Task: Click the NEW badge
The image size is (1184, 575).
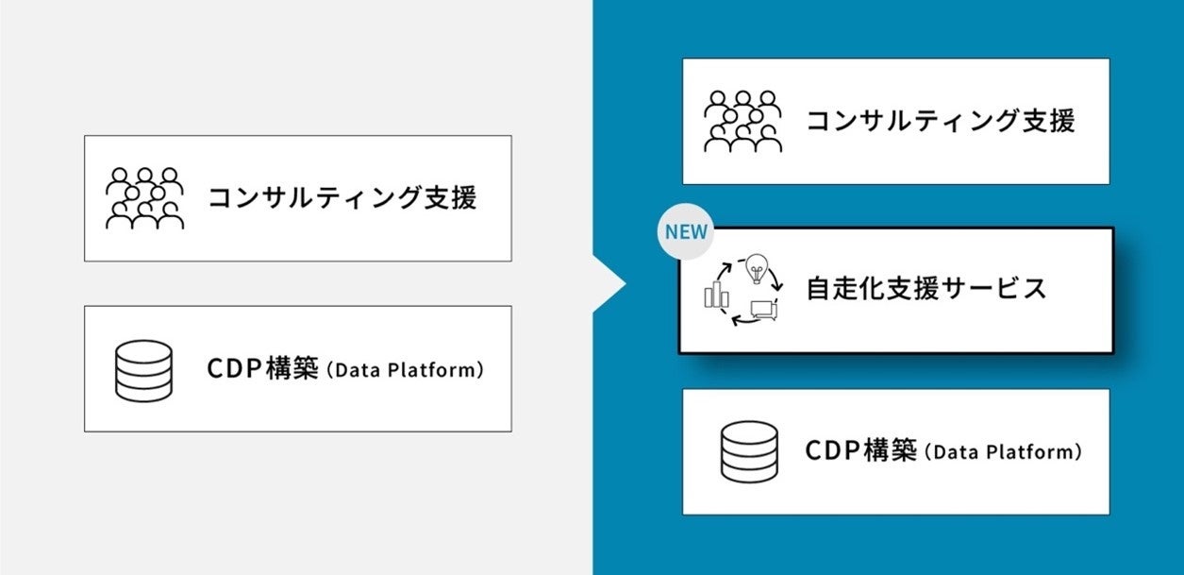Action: (x=687, y=231)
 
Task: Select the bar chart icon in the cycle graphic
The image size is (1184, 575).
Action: (x=716, y=295)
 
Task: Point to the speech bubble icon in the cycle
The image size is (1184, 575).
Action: (x=762, y=308)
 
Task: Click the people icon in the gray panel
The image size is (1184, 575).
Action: (x=144, y=198)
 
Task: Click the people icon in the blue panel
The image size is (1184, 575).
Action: (x=743, y=121)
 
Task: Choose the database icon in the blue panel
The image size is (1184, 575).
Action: (x=749, y=451)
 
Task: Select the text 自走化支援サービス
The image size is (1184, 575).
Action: (x=926, y=289)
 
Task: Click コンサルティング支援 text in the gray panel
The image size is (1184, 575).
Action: (x=342, y=198)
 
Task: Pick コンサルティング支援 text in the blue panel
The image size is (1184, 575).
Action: (x=940, y=121)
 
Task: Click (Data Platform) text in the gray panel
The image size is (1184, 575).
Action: (x=405, y=370)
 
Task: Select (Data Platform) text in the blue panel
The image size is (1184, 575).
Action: (x=1002, y=452)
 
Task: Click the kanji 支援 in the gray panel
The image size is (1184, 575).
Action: (x=448, y=198)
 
